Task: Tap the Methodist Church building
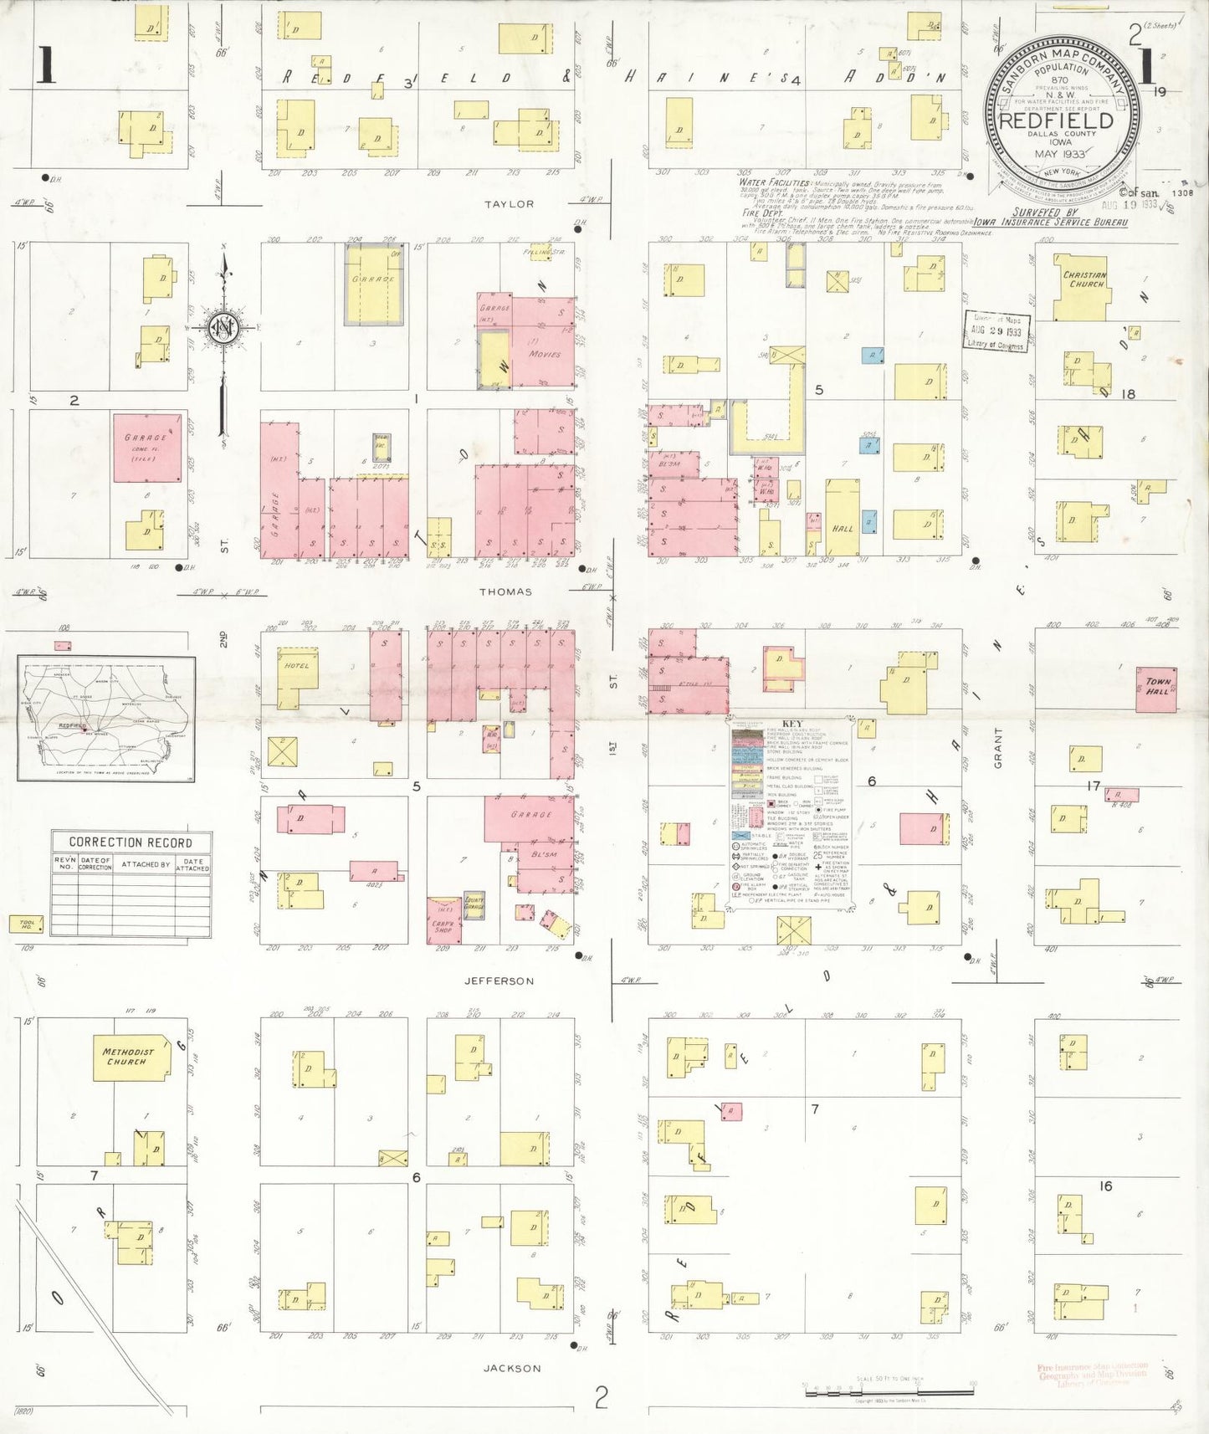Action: click(128, 1057)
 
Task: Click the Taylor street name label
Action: click(509, 204)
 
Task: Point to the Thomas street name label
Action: click(505, 592)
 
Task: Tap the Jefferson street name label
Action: click(499, 981)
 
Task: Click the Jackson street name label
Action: click(511, 1368)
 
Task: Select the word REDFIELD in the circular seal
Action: click(1057, 120)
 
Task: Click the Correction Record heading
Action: click(131, 842)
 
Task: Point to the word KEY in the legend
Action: click(791, 725)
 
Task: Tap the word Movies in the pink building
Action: click(544, 354)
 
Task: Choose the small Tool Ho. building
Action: click(25, 923)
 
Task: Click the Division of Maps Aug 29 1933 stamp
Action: click(996, 331)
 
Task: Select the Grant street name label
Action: click(998, 747)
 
